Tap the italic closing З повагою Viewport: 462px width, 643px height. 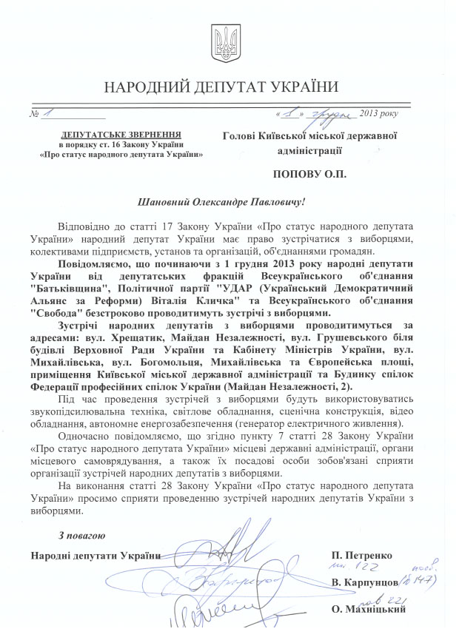pyautogui.click(x=82, y=536)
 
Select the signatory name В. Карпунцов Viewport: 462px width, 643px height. pyautogui.click(x=367, y=583)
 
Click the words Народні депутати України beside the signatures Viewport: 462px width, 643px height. pyautogui.click(x=96, y=555)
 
